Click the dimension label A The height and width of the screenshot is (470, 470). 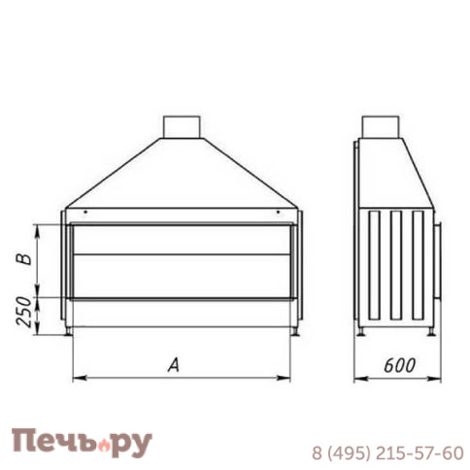point(174,365)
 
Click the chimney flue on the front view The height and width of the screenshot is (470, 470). point(182,126)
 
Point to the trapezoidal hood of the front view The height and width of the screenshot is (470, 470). point(182,175)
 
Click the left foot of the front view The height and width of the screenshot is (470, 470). point(68,333)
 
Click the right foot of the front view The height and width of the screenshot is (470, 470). point(294,333)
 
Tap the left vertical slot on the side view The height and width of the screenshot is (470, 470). point(374,262)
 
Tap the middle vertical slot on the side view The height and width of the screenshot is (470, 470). point(396,262)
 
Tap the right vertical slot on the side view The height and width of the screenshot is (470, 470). point(418,262)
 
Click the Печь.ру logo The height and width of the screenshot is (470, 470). point(82,443)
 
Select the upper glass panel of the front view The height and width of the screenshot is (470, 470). point(181,239)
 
